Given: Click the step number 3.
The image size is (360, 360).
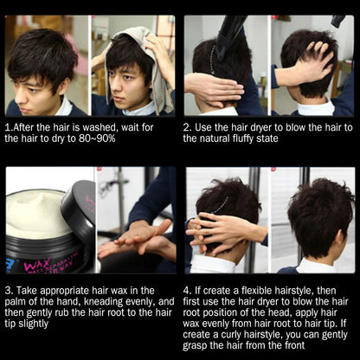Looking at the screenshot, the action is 8,291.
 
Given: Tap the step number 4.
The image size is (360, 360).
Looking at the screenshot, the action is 187,291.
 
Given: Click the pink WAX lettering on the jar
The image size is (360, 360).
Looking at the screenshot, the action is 34,264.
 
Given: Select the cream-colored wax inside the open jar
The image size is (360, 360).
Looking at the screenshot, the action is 37,215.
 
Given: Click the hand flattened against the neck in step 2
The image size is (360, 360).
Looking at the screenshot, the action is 214,89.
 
